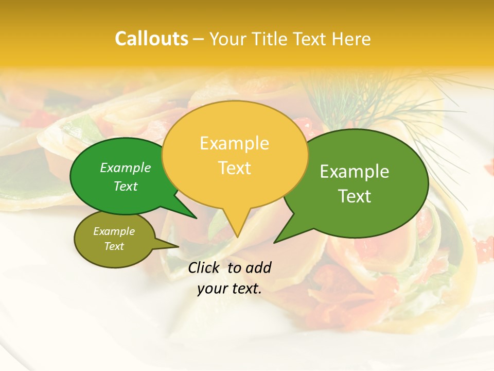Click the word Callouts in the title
coord(151,39)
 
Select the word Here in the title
coord(352,39)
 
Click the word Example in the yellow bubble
coord(234,143)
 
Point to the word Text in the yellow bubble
coord(234,168)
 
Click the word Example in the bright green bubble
coord(126,167)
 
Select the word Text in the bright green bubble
coord(126,186)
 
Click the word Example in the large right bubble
coord(355,172)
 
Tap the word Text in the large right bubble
coord(355,196)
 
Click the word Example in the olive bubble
coord(114,231)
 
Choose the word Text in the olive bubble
coord(114,246)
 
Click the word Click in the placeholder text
coord(204,267)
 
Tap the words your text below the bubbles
coord(230,289)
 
